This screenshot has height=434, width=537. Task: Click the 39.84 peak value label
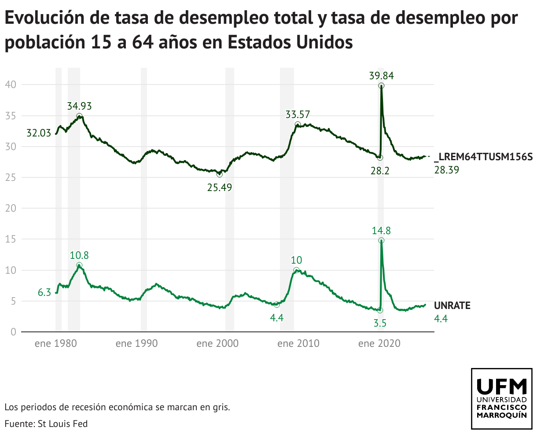[x=381, y=75]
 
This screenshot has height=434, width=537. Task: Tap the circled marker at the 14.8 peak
[x=381, y=240]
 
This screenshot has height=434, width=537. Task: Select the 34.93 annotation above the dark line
[x=79, y=106]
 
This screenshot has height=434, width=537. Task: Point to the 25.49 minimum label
[x=219, y=188]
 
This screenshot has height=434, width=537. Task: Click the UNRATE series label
[x=452, y=305]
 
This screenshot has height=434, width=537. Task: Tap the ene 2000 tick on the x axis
[x=217, y=343]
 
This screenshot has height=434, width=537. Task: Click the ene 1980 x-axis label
[x=55, y=343]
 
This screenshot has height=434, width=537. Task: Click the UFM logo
[x=502, y=399]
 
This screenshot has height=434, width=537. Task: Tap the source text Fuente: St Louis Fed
[x=46, y=424]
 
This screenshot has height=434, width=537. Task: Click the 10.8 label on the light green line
[x=79, y=255]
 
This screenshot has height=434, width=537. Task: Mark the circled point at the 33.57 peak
[x=298, y=125]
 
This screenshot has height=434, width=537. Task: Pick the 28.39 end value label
[x=446, y=169]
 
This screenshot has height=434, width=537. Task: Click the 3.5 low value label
[x=380, y=323]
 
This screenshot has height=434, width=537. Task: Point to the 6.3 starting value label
[x=44, y=292]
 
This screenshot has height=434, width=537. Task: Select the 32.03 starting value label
[x=39, y=133]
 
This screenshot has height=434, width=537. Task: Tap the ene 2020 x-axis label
[x=379, y=343]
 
